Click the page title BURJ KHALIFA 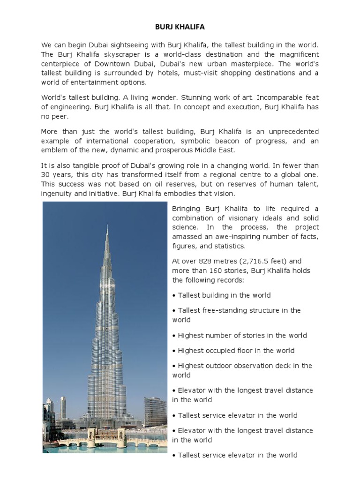click(x=180, y=28)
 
